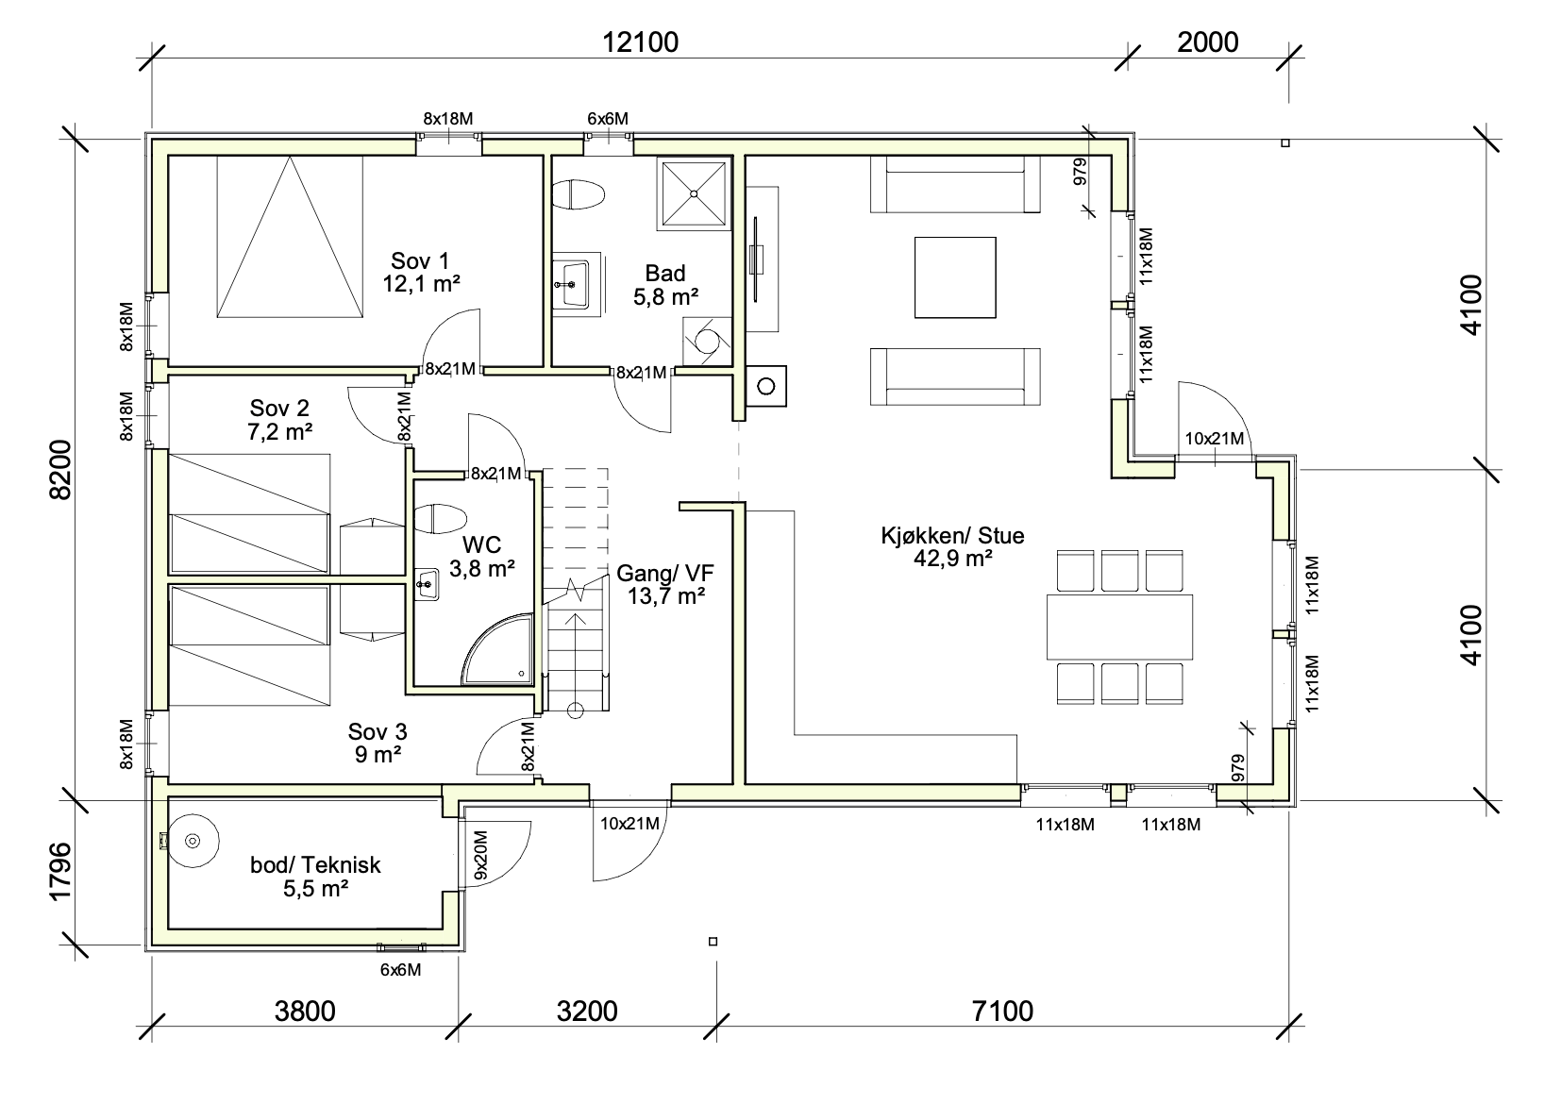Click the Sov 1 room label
point(420,261)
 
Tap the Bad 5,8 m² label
point(665,285)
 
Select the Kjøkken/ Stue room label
point(952,535)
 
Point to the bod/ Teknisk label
point(315,865)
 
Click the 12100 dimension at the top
point(641,42)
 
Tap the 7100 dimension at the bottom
point(1002,1012)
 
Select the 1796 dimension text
point(60,871)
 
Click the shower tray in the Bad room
point(694,193)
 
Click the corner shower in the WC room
point(497,648)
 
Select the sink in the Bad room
point(571,284)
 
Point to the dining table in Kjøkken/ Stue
point(1119,627)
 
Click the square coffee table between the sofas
point(955,277)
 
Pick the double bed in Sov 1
point(290,237)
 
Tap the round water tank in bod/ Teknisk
point(193,841)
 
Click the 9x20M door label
point(481,855)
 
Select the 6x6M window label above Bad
point(607,119)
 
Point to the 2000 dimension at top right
point(1208,42)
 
